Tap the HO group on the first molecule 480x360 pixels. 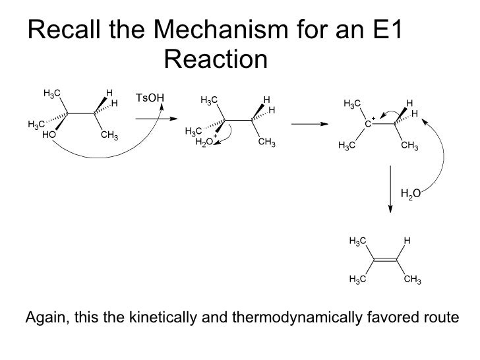[x=48, y=135]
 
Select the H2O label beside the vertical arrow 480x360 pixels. [x=411, y=193]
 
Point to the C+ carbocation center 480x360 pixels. [x=369, y=123]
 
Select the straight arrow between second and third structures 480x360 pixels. [x=309, y=123]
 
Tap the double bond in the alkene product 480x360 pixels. [x=386, y=260]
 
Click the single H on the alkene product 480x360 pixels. [x=407, y=241]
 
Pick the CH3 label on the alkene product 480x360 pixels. [x=412, y=280]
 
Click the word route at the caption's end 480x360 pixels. [x=440, y=318]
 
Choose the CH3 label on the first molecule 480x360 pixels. [x=109, y=136]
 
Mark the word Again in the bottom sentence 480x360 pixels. [x=44, y=318]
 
